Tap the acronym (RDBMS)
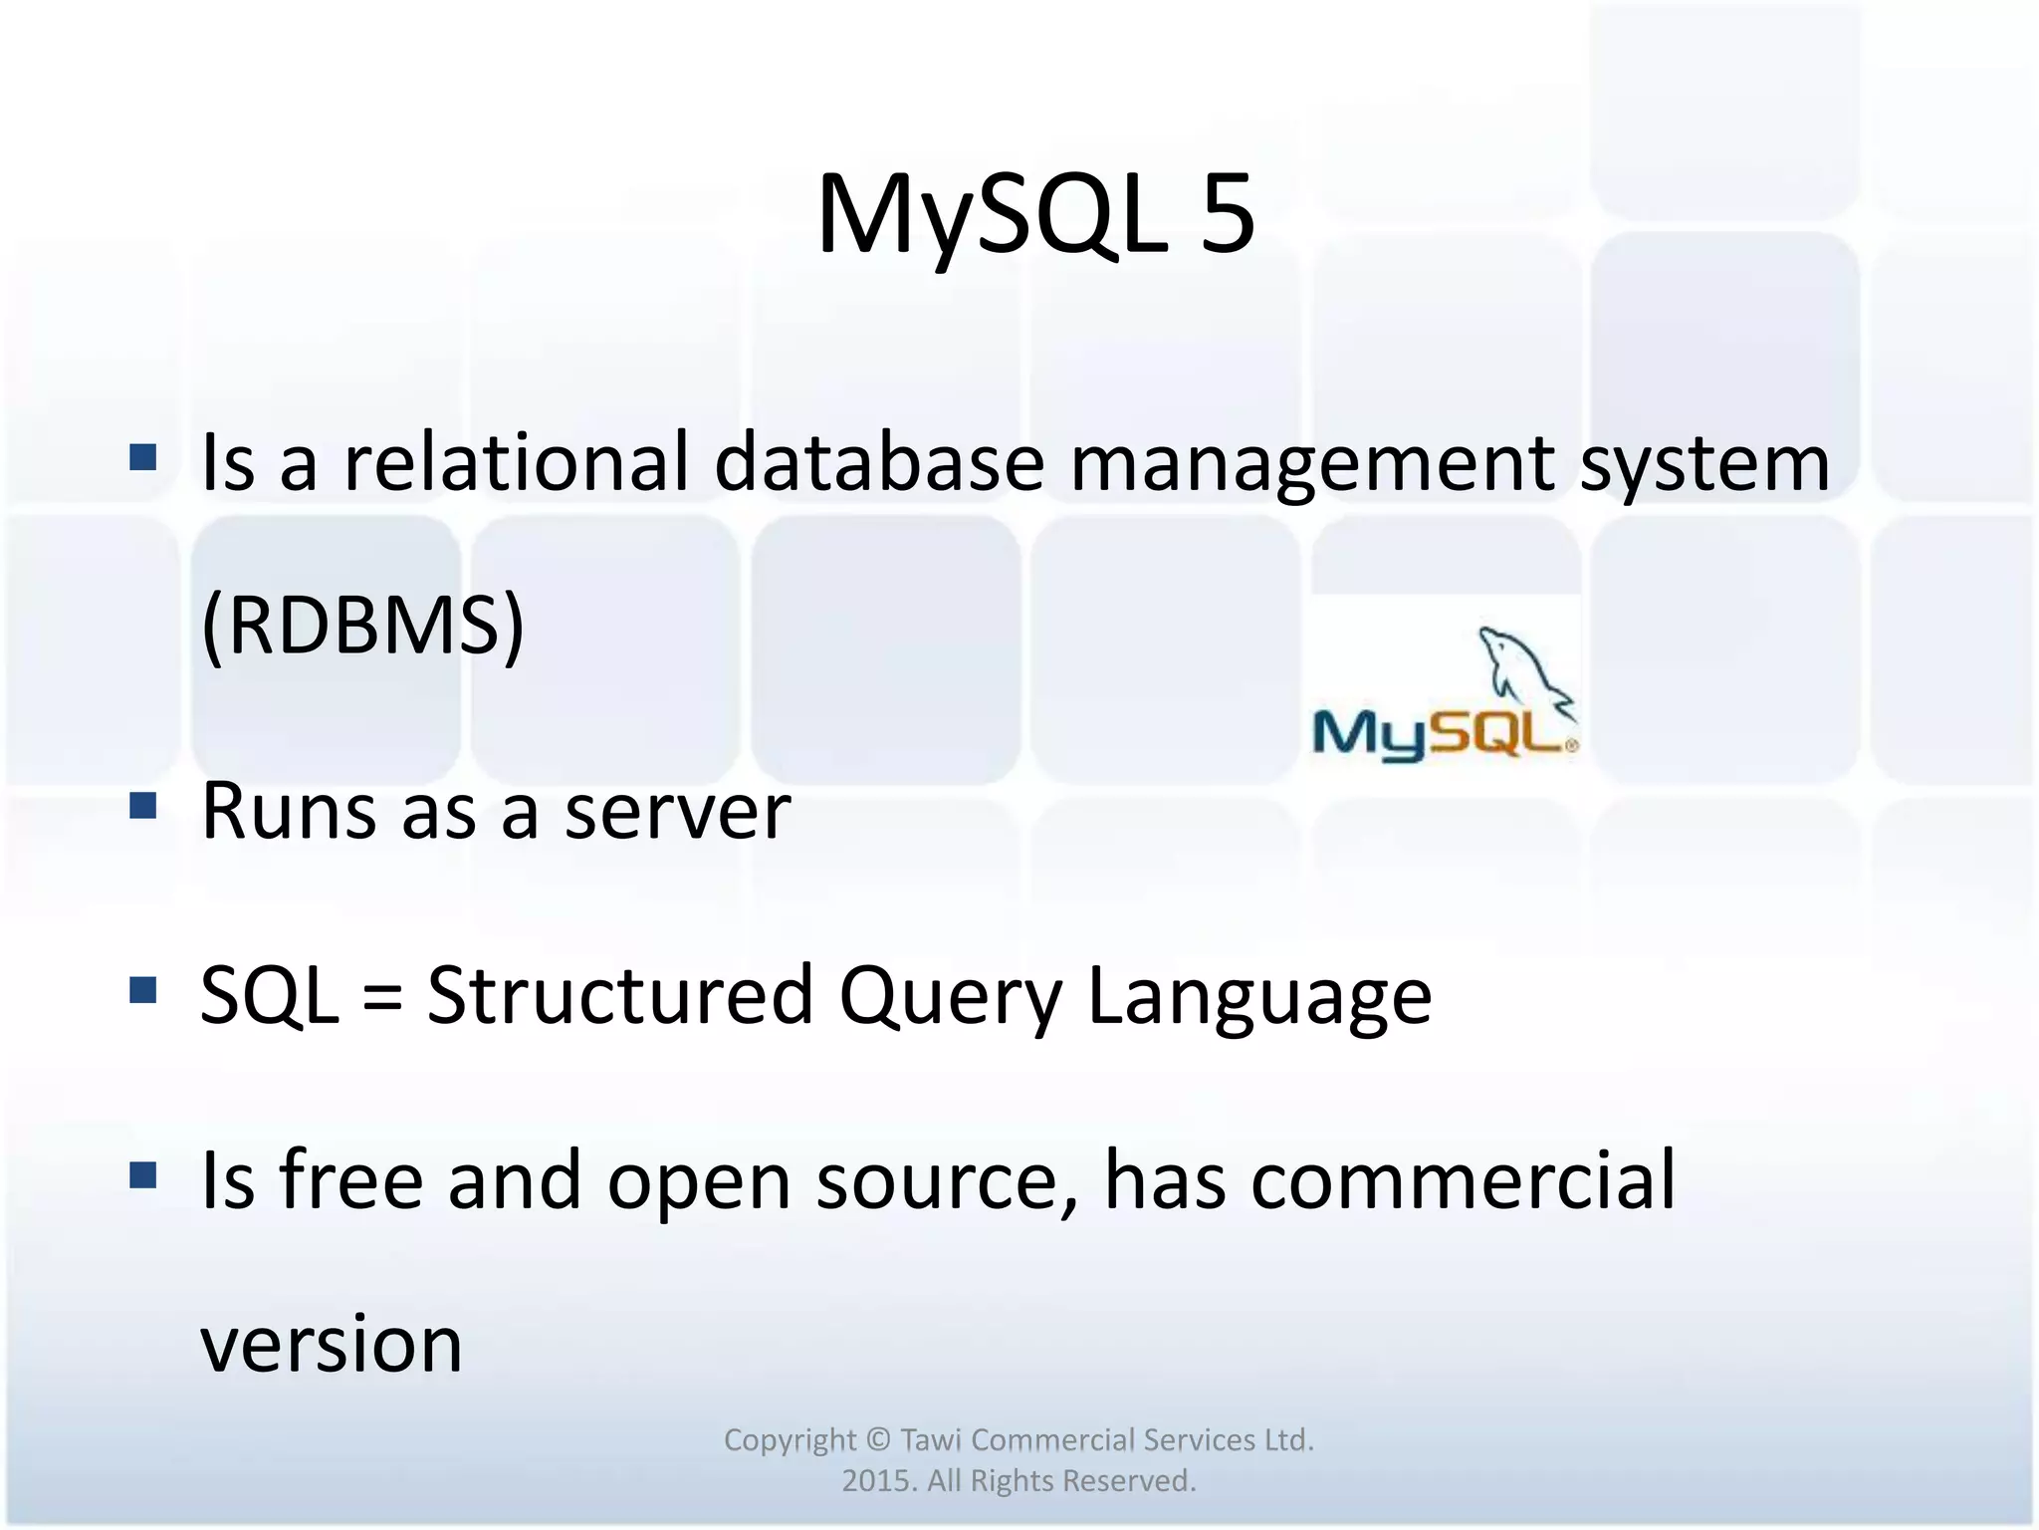click(362, 626)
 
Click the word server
click(677, 812)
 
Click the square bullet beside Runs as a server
click(143, 805)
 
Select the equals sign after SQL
click(382, 996)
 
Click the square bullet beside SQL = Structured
click(143, 989)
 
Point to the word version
click(332, 1344)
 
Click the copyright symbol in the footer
click(877, 1440)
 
